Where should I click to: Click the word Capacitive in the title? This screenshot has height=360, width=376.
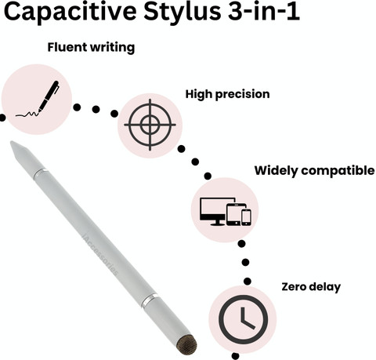[x=70, y=12]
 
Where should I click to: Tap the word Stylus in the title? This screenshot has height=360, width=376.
[x=183, y=12]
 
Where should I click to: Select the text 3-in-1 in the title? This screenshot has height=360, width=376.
[x=264, y=11]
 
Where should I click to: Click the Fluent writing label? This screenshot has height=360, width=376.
[x=91, y=48]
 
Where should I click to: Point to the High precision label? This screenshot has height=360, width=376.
[x=227, y=94]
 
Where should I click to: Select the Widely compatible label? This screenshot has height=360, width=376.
[x=314, y=171]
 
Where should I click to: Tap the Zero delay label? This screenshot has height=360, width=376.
[x=311, y=287]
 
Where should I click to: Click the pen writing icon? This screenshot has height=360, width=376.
[x=49, y=96]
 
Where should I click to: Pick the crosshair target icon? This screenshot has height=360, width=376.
[x=150, y=125]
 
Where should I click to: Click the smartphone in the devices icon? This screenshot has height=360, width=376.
[x=246, y=217]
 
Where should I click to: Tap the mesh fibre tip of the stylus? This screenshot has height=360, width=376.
[x=186, y=344]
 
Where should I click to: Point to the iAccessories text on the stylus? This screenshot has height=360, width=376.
[x=100, y=253]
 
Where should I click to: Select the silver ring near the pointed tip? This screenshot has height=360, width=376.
[x=41, y=173]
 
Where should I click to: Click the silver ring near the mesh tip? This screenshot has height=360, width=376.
[x=150, y=300]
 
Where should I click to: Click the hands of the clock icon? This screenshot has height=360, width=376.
[x=246, y=318]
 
